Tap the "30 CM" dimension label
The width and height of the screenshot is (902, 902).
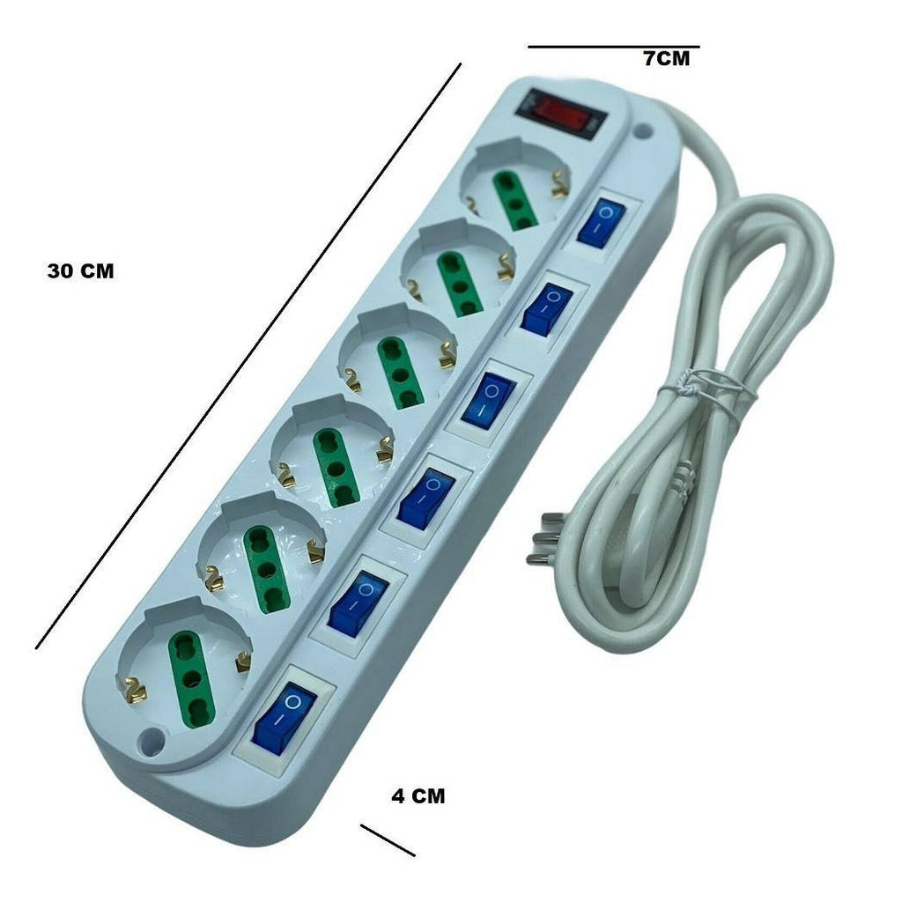coord(80,271)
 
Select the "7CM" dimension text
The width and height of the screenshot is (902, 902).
coord(666,58)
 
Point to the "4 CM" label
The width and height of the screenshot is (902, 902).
coord(418,795)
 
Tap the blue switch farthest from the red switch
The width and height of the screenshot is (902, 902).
coord(285,718)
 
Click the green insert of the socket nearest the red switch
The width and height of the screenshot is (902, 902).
coord(514,202)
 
